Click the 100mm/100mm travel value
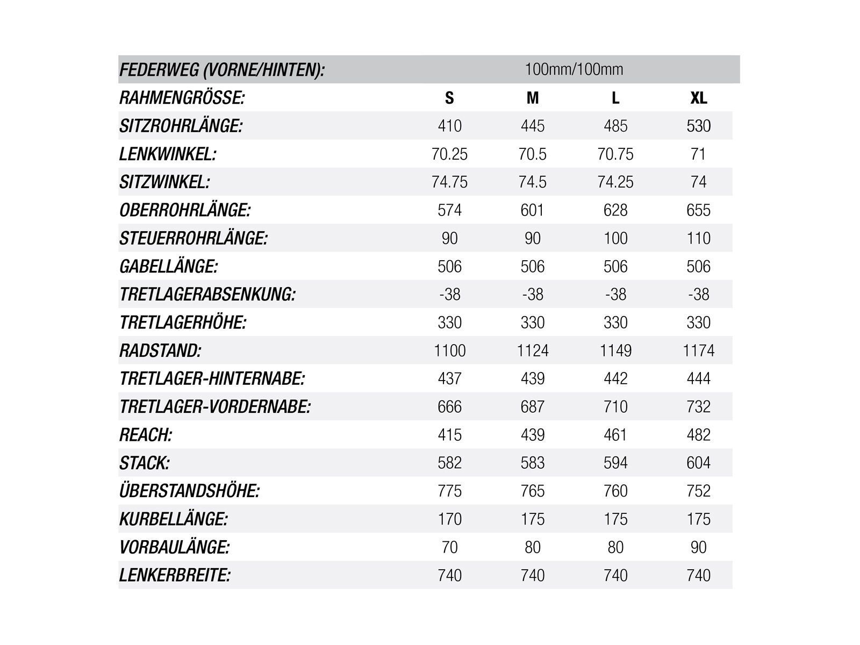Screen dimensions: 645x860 point(574,69)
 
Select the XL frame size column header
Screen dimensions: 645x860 point(698,98)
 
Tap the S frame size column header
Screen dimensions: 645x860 point(449,98)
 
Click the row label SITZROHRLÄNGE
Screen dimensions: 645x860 point(181,126)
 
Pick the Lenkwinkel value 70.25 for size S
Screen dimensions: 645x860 point(449,154)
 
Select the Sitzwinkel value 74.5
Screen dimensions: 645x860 point(532,182)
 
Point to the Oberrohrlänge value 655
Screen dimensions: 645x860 point(698,210)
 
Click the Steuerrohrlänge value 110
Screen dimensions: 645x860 point(698,238)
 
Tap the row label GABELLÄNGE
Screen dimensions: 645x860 point(169,267)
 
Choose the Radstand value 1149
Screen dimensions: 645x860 point(615,350)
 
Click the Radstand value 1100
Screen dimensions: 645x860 point(449,350)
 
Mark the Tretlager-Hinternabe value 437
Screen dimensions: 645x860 point(449,378)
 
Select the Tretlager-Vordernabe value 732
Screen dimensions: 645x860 point(698,407)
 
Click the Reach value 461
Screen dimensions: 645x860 point(615,435)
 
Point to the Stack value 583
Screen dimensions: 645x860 point(532,463)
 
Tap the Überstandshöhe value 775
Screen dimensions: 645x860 point(449,491)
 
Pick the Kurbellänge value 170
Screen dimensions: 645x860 point(449,519)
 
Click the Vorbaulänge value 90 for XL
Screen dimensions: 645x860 point(698,547)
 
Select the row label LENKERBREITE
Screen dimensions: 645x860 point(175,575)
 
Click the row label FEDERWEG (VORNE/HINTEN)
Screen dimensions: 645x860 point(222,70)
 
